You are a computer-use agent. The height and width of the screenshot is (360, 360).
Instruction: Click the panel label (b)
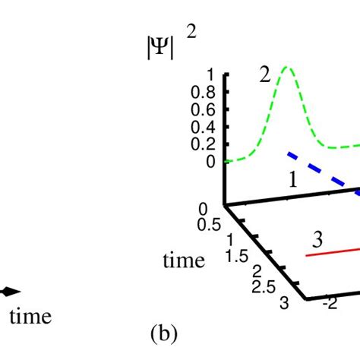click(x=164, y=332)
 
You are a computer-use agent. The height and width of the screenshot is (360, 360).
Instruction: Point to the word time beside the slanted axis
click(x=184, y=261)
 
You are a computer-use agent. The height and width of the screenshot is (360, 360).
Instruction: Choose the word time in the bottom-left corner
click(x=30, y=317)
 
